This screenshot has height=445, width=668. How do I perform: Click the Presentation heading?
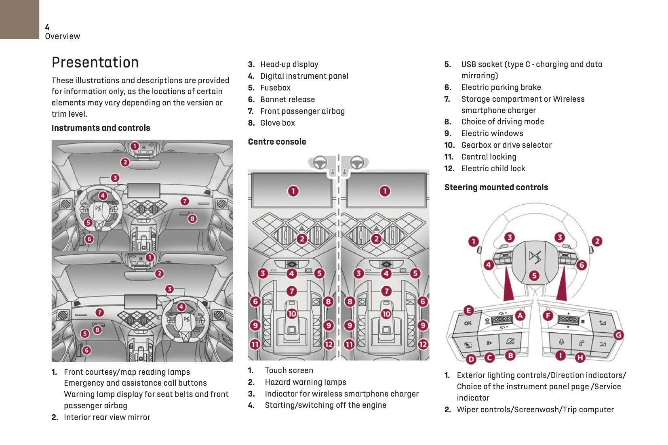95,63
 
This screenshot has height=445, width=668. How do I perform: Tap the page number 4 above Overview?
47,27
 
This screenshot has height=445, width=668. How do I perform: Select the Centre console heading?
277,142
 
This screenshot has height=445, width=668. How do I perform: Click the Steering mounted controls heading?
496,187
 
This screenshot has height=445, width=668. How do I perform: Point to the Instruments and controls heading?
101,128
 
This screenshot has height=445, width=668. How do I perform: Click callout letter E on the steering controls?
468,310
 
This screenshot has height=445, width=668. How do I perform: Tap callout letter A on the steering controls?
520,315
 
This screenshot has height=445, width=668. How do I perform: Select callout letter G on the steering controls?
618,335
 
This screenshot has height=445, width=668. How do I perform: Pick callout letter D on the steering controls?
471,359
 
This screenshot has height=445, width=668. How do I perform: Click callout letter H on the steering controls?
580,357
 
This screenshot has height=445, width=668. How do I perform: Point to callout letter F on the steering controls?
548,315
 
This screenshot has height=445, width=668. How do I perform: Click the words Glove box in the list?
277,123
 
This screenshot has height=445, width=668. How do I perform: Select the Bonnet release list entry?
287,99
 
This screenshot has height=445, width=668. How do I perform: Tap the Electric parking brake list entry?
501,87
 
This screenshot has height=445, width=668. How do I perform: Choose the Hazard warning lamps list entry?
305,382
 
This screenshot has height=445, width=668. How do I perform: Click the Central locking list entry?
489,157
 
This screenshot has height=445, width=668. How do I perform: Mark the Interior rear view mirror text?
107,417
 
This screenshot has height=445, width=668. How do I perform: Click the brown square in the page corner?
19,19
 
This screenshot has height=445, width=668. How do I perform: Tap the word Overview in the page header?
63,36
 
